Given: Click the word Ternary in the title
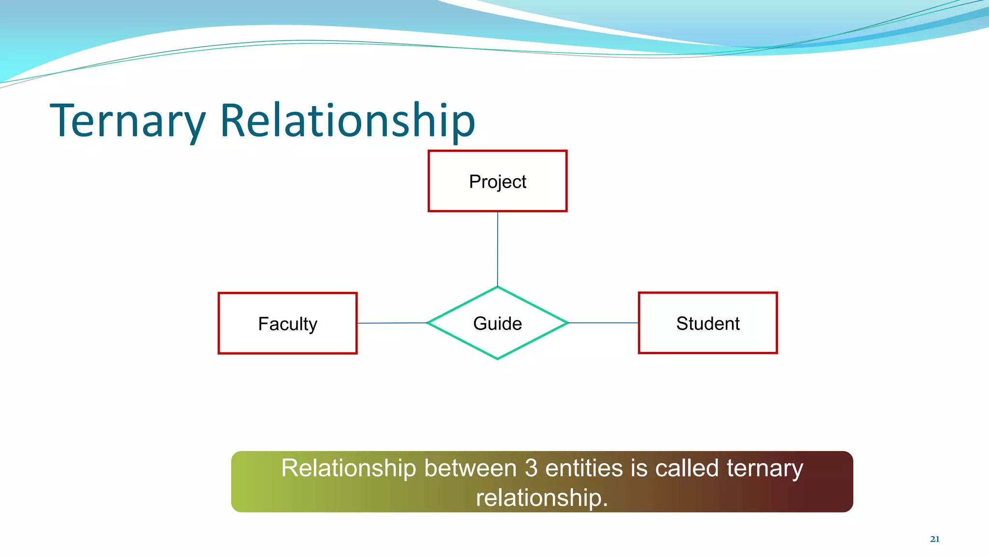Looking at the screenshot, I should (x=128, y=121).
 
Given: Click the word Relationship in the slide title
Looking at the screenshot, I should (x=347, y=121).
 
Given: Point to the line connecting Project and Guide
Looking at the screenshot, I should (x=497, y=249).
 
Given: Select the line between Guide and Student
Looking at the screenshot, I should (x=604, y=323).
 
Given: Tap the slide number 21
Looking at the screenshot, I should (x=934, y=539).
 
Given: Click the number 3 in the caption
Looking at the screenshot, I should (x=531, y=468).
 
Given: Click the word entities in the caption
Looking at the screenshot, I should (x=584, y=468).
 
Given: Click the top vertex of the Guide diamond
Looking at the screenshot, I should (x=497, y=288).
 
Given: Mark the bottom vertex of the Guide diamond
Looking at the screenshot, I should (x=497, y=359).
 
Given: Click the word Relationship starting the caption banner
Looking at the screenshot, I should (x=348, y=468).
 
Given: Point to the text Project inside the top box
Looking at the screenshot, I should (x=497, y=182).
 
